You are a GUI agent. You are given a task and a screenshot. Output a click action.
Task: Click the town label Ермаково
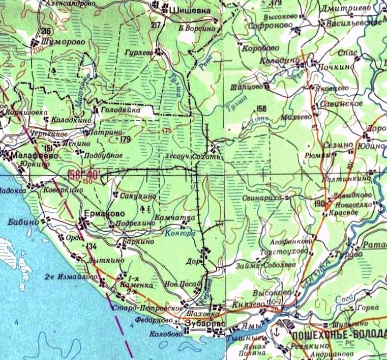point(100,214)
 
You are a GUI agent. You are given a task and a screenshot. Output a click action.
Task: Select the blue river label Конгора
point(180,234)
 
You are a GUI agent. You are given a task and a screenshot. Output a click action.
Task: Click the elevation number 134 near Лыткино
point(92,246)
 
